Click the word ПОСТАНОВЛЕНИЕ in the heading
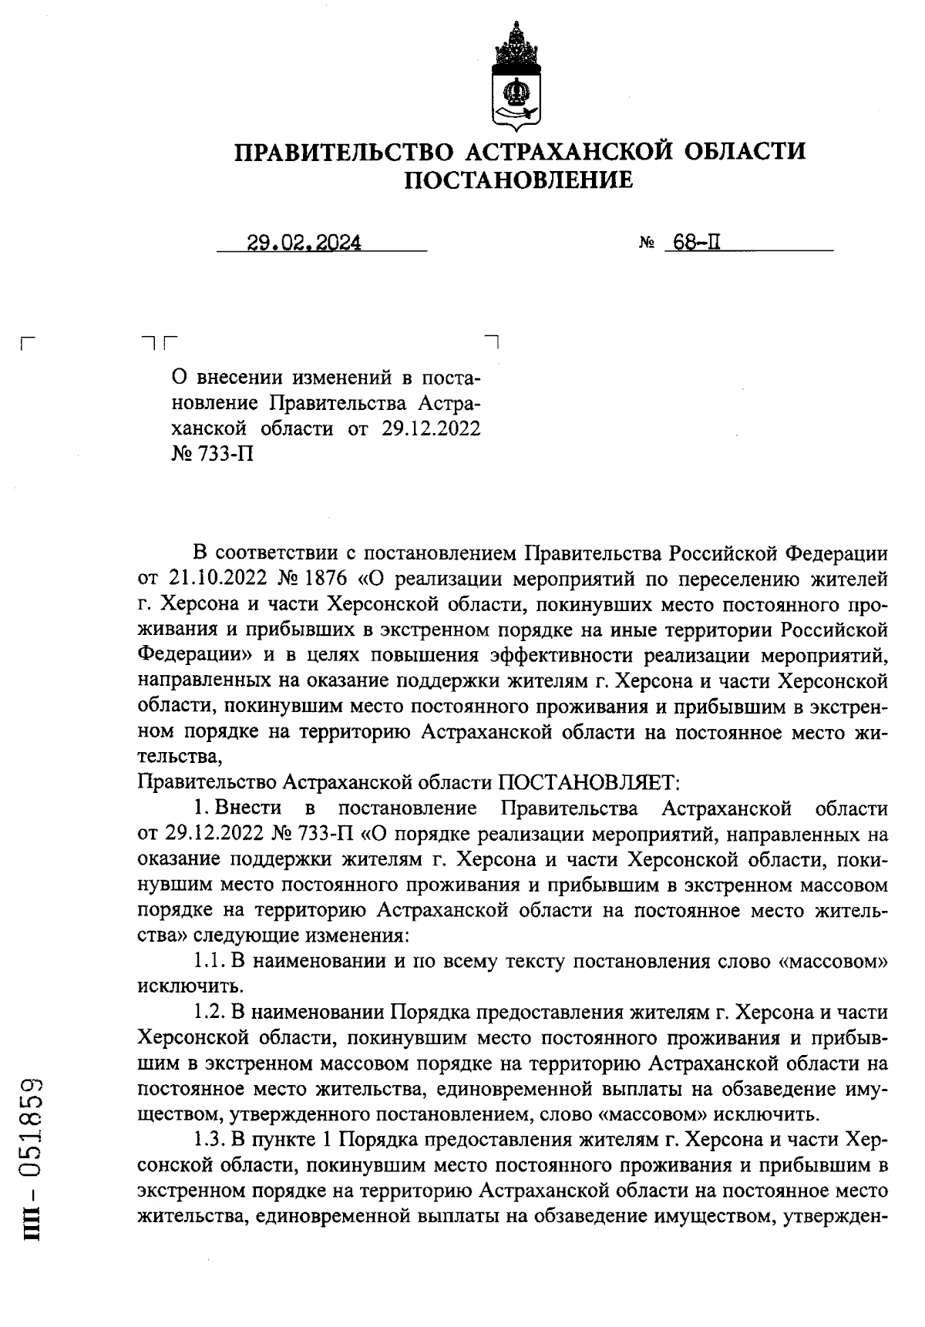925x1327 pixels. (x=519, y=180)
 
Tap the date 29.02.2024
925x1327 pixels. (x=304, y=244)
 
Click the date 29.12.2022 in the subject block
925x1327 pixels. (x=431, y=428)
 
